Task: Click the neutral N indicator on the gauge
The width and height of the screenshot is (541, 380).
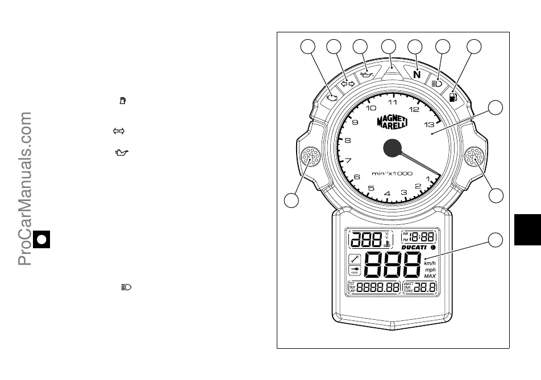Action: pos(417,74)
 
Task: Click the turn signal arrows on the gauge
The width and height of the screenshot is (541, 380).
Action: pos(347,83)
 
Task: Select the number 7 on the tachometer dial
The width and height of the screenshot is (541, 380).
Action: pos(348,160)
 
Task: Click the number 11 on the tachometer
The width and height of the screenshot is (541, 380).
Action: pos(393,103)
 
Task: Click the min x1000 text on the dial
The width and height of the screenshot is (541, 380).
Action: pos(392,173)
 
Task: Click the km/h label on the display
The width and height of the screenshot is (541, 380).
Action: pos(430,263)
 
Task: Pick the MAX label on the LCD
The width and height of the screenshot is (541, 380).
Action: pos(430,276)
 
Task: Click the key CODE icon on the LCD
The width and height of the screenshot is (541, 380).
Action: pos(356,272)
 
